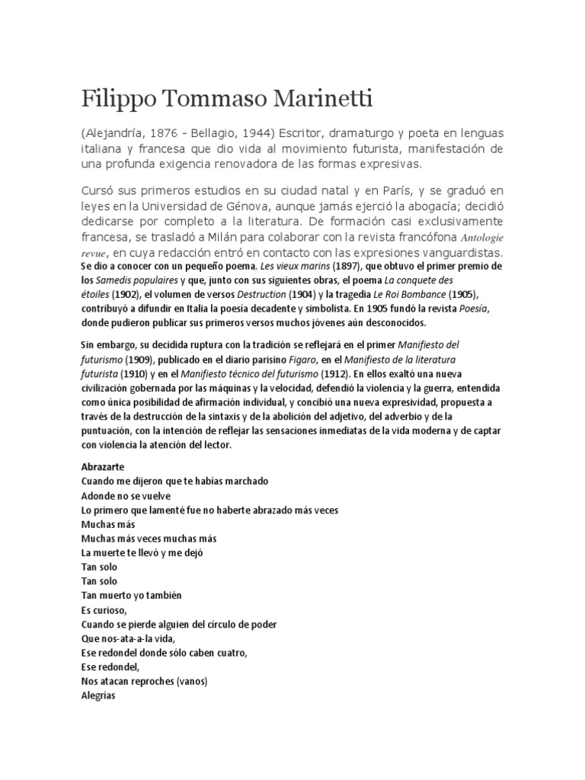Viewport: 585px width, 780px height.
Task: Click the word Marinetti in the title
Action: tap(288, 100)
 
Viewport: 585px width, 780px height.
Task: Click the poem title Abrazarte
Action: tap(102, 467)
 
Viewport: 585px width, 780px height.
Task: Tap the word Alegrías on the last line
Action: tap(97, 695)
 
